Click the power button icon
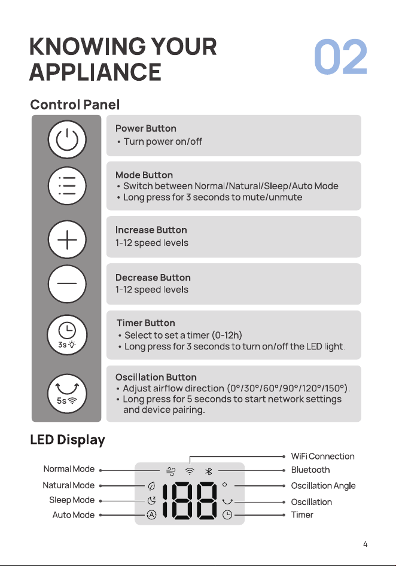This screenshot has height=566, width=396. [67, 139]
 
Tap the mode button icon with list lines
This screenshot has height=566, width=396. [67, 186]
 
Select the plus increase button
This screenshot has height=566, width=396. [67, 240]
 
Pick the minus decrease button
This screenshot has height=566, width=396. [67, 284]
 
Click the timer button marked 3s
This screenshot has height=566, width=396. [67, 334]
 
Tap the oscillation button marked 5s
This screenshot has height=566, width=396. [67, 393]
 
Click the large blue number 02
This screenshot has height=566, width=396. [340, 57]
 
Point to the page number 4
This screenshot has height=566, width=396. [365, 544]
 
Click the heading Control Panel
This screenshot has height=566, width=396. [75, 105]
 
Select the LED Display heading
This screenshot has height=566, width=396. [68, 440]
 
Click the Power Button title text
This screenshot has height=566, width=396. [146, 129]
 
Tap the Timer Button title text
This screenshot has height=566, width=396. [146, 322]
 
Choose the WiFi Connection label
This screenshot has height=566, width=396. [322, 457]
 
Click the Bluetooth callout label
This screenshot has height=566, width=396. [310, 470]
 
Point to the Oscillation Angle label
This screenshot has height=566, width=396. [324, 486]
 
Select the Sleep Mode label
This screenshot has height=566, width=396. [72, 500]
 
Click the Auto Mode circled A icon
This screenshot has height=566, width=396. [151, 515]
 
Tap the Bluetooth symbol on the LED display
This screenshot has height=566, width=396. [209, 471]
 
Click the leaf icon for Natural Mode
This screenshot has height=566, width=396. [151, 486]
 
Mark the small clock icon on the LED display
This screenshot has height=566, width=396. [227, 515]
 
